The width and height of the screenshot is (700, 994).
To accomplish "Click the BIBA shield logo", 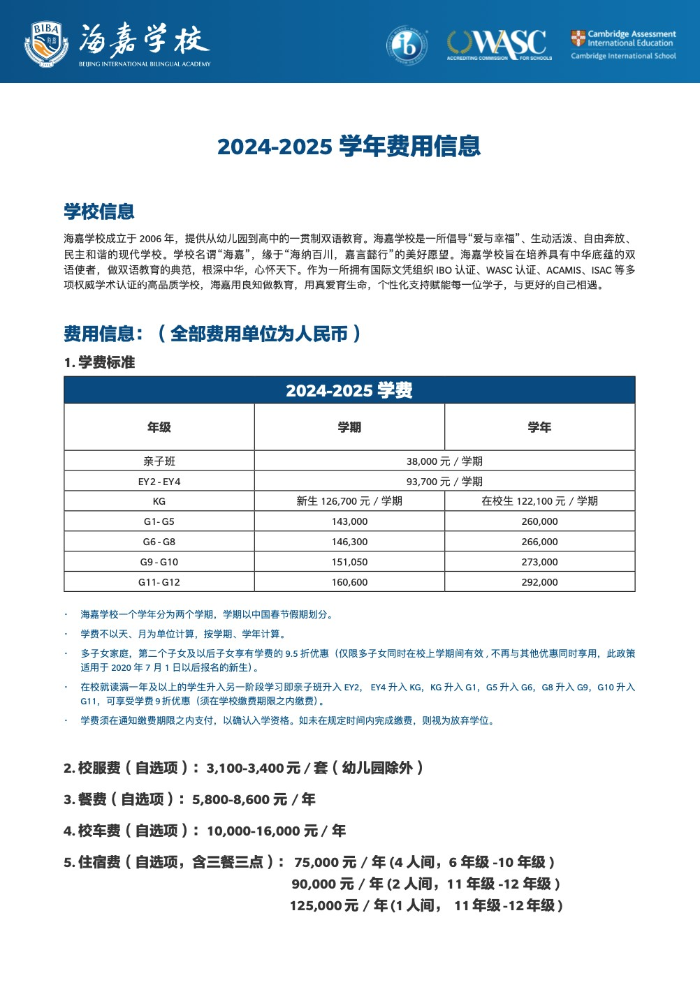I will click(x=46, y=43).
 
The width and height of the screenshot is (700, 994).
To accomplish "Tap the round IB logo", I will click(x=407, y=45).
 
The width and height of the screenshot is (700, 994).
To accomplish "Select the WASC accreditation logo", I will click(x=500, y=44).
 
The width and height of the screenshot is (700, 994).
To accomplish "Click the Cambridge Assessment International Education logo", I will click(x=623, y=44).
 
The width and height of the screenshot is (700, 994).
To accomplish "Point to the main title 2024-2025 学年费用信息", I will click(x=349, y=146).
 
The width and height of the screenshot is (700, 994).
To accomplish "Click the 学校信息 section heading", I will click(x=99, y=212).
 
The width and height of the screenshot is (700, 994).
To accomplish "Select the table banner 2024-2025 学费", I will click(x=349, y=390).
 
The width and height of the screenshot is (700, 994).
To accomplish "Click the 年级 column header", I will click(x=159, y=427).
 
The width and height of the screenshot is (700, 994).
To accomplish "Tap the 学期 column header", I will click(x=349, y=427).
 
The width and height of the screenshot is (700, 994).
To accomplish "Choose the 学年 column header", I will click(x=539, y=427).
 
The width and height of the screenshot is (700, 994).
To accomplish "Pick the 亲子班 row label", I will click(x=159, y=461).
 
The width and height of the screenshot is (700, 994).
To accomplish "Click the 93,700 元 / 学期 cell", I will click(x=444, y=482).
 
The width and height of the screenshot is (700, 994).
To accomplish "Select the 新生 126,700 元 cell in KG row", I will click(x=349, y=501).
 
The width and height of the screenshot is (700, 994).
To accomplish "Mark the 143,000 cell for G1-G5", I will click(x=349, y=521).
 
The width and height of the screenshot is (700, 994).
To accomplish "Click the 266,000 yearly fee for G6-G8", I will click(x=539, y=542).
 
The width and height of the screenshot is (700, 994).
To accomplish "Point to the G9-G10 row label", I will click(x=159, y=562).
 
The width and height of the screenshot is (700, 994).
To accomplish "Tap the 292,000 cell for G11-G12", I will click(x=539, y=582).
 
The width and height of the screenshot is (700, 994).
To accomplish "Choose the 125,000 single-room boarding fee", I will click(x=323, y=906).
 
